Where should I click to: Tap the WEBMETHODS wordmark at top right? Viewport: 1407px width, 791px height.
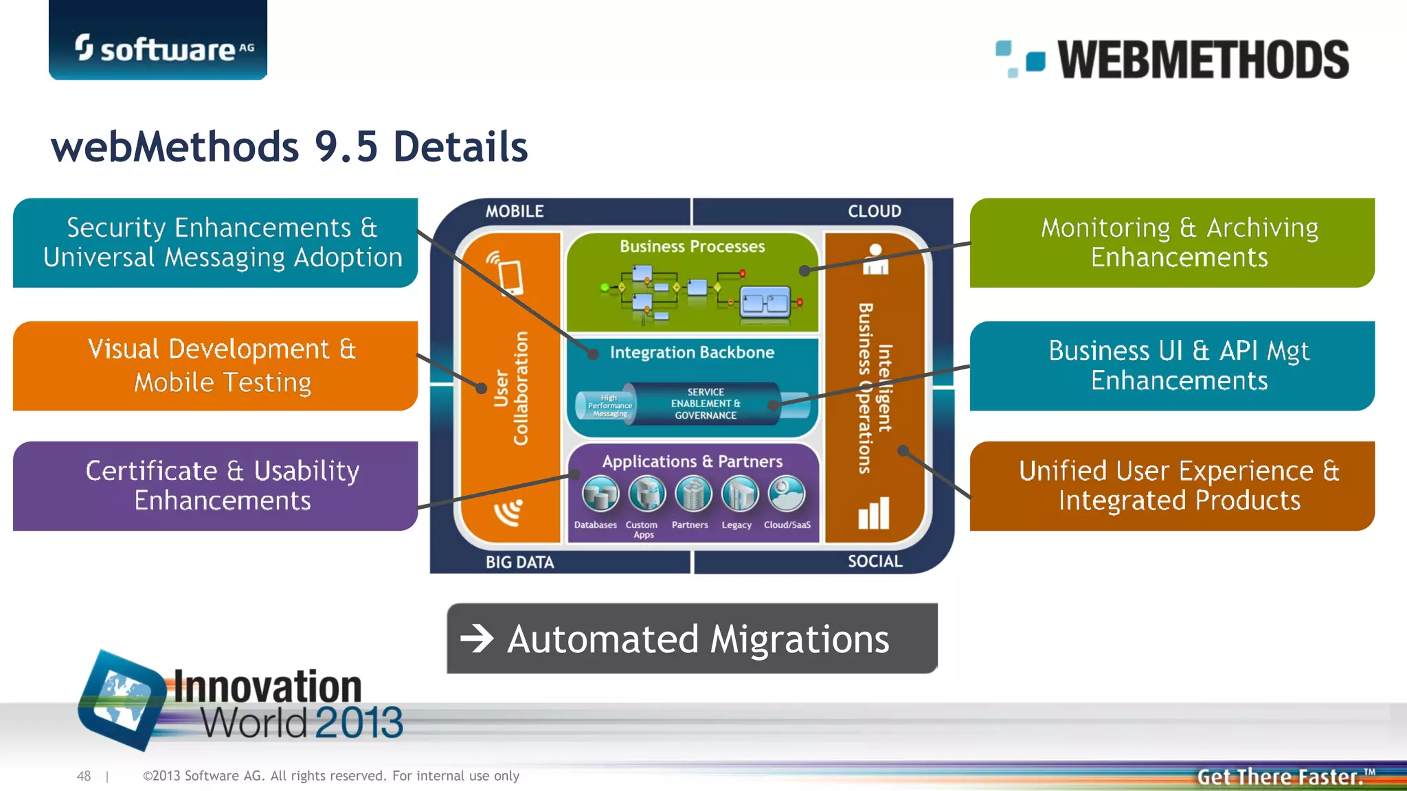tap(1202, 59)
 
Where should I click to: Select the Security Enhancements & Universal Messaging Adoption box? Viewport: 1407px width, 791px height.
tap(215, 242)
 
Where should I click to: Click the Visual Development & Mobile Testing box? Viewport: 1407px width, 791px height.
tap(215, 365)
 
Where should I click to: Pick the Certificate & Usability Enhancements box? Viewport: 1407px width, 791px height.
tap(215, 485)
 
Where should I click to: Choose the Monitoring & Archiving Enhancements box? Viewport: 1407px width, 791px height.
tap(1172, 242)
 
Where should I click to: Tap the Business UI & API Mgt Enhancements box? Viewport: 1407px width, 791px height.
tap(1172, 365)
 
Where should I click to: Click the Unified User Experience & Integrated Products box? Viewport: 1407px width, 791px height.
tap(1172, 485)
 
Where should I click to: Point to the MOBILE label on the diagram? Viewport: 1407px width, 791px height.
tap(515, 211)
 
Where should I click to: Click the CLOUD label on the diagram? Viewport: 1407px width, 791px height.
tap(874, 211)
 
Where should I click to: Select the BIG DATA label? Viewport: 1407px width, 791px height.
tap(519, 562)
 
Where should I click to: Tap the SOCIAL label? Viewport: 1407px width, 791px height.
tap(875, 562)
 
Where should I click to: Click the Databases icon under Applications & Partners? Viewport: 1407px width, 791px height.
tap(600, 494)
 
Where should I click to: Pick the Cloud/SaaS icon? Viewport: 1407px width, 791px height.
tap(787, 494)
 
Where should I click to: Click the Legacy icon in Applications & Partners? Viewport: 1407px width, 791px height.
tap(740, 494)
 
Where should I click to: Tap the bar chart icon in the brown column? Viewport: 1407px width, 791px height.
tap(874, 514)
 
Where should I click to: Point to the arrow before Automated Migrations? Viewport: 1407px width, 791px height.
tap(477, 639)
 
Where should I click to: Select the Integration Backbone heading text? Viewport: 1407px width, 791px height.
tap(692, 352)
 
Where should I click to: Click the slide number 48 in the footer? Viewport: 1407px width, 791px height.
tap(84, 776)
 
